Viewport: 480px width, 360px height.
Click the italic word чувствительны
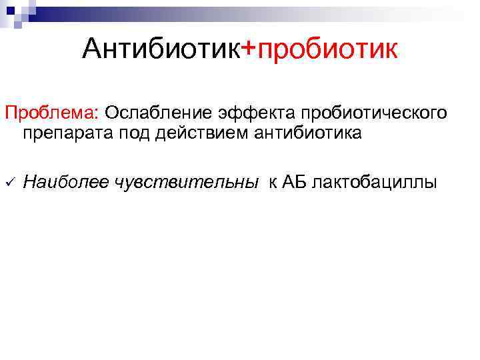(x=185, y=182)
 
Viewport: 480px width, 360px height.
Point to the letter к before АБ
(x=273, y=183)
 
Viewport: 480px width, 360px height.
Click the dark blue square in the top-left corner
(x=11, y=11)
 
